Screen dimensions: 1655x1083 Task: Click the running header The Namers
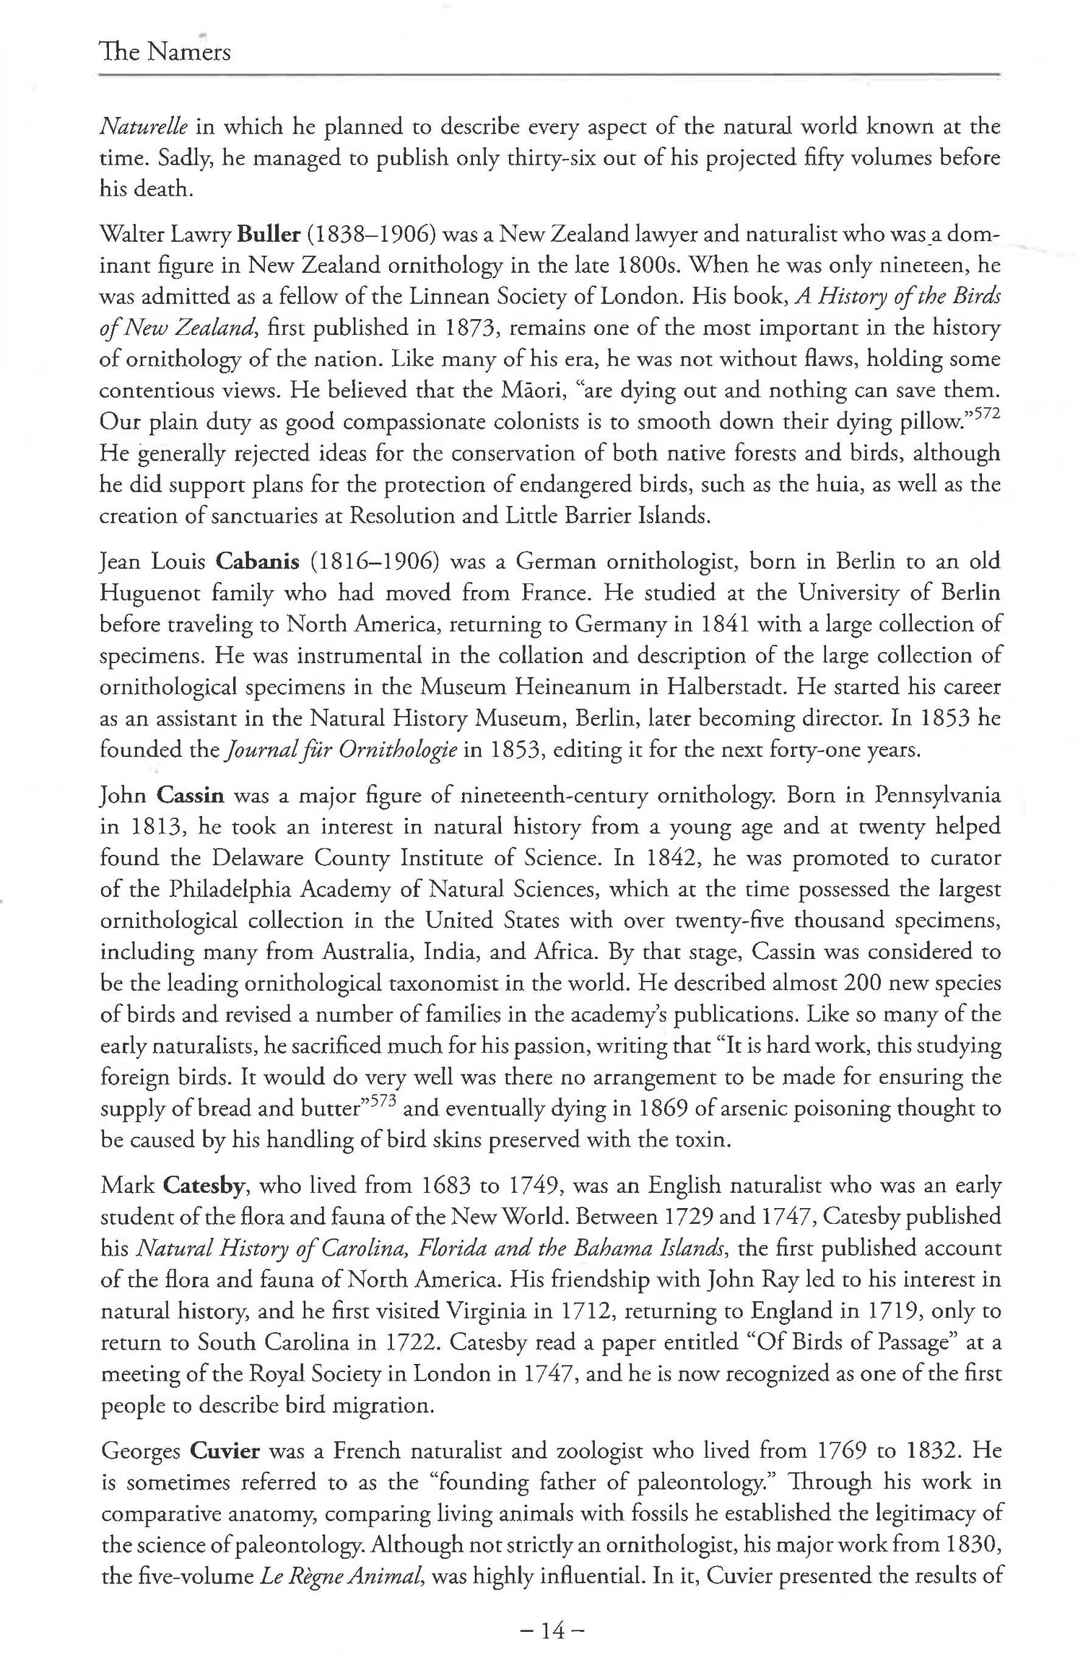tap(165, 52)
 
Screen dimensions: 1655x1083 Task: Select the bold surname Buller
tap(270, 235)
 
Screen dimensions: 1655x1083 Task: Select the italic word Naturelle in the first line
tap(143, 128)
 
